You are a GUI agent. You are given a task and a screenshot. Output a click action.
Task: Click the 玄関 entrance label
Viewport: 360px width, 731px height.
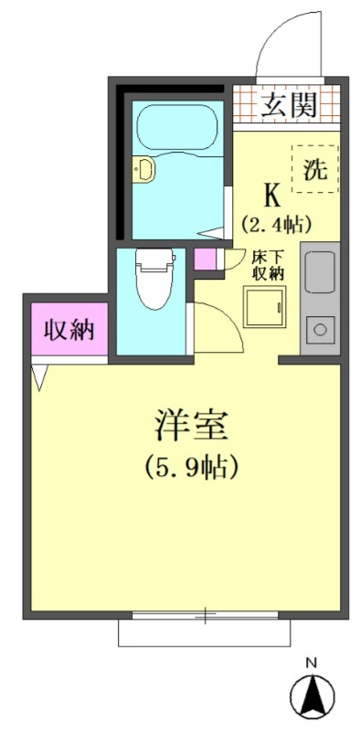[x=289, y=105]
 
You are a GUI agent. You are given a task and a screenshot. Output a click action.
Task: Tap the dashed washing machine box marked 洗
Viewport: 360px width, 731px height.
[x=315, y=169]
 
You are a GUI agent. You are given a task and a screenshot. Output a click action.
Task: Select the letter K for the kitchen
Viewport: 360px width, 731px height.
[x=273, y=196]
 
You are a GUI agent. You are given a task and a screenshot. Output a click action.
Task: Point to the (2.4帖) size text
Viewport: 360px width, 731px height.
[x=276, y=225]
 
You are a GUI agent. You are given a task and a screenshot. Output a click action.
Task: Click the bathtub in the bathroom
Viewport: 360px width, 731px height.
[x=177, y=127]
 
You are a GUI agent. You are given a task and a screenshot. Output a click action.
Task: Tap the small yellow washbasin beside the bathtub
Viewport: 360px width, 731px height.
[x=143, y=169]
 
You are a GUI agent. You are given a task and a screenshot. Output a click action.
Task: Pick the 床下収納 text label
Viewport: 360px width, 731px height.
[x=268, y=265]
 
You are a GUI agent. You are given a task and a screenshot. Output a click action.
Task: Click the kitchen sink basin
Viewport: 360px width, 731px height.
[x=320, y=272]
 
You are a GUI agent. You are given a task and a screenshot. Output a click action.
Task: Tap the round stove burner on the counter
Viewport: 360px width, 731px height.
[x=320, y=330]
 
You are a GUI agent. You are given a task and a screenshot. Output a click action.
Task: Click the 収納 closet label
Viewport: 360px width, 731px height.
[x=69, y=330]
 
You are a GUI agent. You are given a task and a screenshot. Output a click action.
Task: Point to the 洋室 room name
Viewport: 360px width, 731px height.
[x=192, y=425]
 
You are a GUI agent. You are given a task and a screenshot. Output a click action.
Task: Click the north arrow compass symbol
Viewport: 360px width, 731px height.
[x=312, y=692]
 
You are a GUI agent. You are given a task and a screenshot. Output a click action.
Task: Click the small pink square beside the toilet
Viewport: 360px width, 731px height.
[x=206, y=260]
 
